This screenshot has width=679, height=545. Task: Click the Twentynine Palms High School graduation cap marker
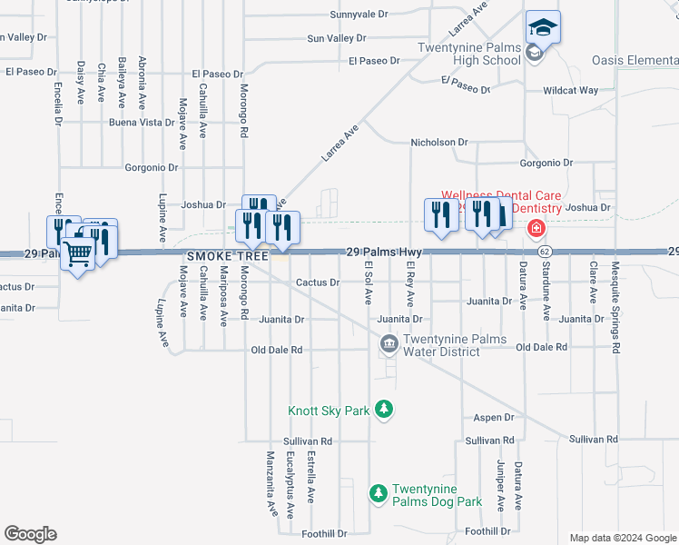(543, 27)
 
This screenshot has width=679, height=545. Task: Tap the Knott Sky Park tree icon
(385, 411)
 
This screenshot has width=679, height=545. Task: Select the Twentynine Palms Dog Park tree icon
(378, 494)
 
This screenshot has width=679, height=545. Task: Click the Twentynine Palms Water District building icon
(389, 343)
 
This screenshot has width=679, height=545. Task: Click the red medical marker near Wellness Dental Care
(536, 227)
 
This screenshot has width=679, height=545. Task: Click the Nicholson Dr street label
(438, 143)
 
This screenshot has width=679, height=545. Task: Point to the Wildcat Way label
(570, 91)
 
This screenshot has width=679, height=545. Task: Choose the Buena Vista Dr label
(141, 122)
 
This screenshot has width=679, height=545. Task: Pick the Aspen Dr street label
(494, 418)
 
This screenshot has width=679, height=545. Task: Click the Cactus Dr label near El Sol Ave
(318, 282)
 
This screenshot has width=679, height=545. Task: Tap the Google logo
(30, 534)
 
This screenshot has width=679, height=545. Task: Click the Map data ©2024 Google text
(622, 538)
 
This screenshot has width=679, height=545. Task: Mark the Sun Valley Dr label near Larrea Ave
(336, 38)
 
